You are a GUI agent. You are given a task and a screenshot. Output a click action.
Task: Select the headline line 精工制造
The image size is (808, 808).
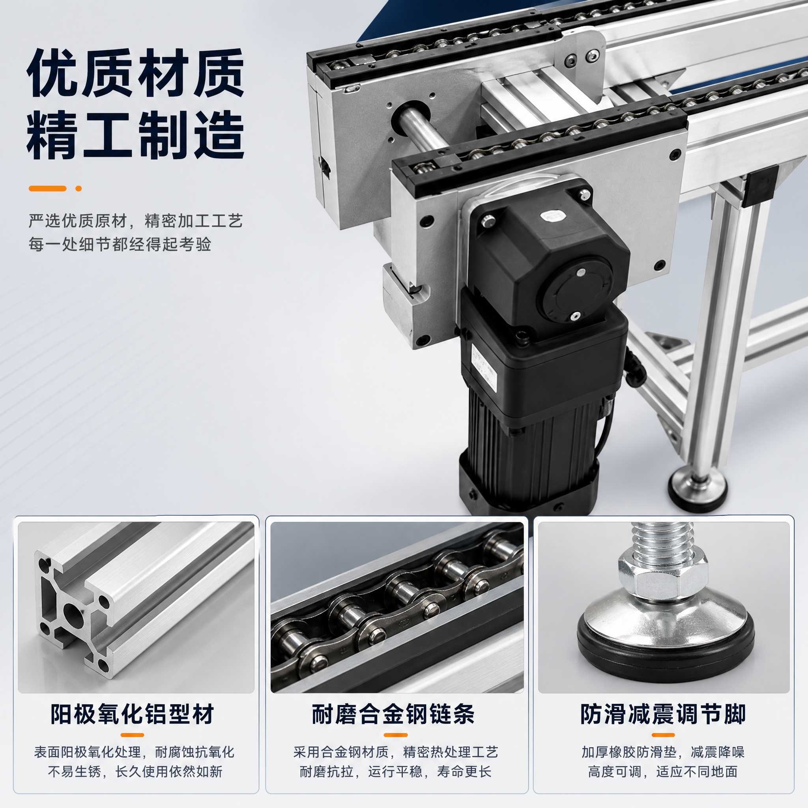pyautogui.click(x=135, y=135)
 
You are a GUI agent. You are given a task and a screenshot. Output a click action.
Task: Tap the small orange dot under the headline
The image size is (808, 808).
pyautogui.click(x=78, y=189)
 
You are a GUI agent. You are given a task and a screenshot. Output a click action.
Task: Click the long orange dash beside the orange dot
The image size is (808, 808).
pyautogui.click(x=47, y=189)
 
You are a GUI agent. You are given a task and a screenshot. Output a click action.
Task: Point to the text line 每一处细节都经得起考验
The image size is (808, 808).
pyautogui.click(x=120, y=244)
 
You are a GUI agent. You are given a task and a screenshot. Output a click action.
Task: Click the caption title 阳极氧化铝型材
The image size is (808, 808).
pyautogui.click(x=132, y=714)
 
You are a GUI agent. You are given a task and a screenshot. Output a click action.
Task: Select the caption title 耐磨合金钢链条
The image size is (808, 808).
pyautogui.click(x=393, y=714)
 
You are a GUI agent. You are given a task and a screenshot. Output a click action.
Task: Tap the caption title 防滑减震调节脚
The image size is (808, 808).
pyautogui.click(x=663, y=714)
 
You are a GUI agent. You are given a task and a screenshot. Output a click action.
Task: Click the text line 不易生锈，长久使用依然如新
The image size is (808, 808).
pyautogui.click(x=135, y=772)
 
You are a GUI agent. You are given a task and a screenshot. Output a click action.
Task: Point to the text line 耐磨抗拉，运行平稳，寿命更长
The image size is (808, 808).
pyautogui.click(x=395, y=772)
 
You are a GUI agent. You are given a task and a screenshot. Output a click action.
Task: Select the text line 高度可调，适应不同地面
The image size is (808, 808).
pyautogui.click(x=663, y=772)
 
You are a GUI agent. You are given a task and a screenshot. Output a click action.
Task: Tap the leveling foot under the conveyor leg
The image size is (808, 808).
pyautogui.click(x=698, y=490)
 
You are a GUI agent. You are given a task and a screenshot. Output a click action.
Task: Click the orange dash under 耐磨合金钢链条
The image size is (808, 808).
pyautogui.click(x=395, y=735)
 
